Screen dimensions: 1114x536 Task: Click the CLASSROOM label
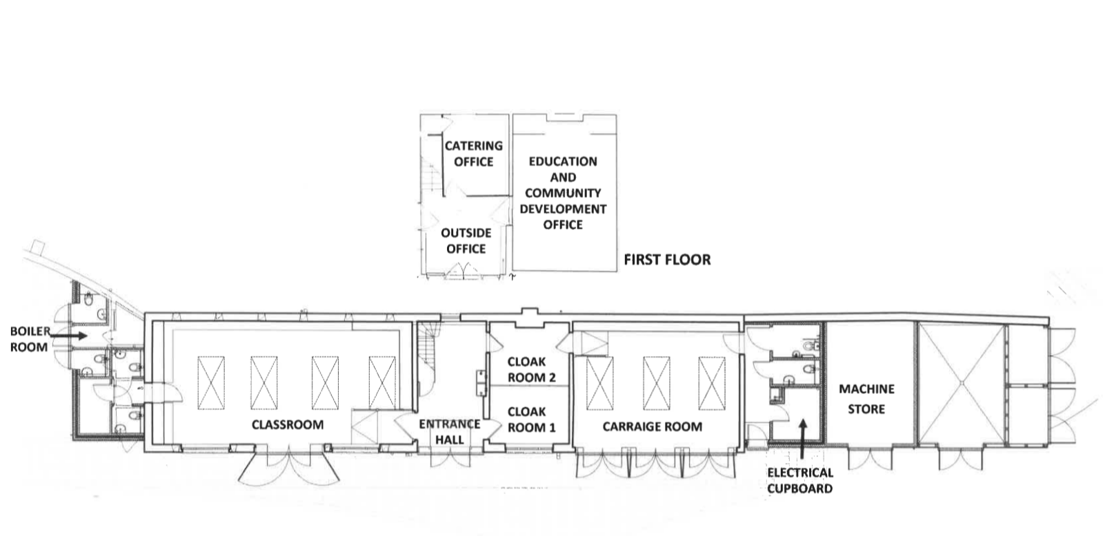[x=288, y=424]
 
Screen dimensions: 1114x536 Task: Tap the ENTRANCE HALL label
[x=450, y=432]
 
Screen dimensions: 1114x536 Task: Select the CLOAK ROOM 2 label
[x=531, y=369]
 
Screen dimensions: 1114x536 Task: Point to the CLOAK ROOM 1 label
[x=531, y=420]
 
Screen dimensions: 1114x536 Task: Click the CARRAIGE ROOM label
[x=653, y=426]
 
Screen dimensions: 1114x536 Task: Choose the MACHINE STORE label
[x=866, y=399]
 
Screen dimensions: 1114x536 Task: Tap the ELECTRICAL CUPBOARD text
[x=799, y=480]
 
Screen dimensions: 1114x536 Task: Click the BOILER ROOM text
[x=30, y=339]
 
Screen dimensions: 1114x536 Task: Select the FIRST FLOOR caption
[x=668, y=259]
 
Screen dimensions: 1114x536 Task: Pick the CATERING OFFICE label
[x=473, y=154]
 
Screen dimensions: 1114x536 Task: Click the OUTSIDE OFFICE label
[x=466, y=240]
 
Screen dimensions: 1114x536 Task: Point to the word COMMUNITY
[x=563, y=193]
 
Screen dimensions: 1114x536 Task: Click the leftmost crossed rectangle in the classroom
[x=211, y=382]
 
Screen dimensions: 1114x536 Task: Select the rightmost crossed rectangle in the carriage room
[x=712, y=383]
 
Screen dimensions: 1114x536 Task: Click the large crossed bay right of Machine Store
[x=961, y=382]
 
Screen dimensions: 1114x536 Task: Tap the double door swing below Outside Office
[x=464, y=271]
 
